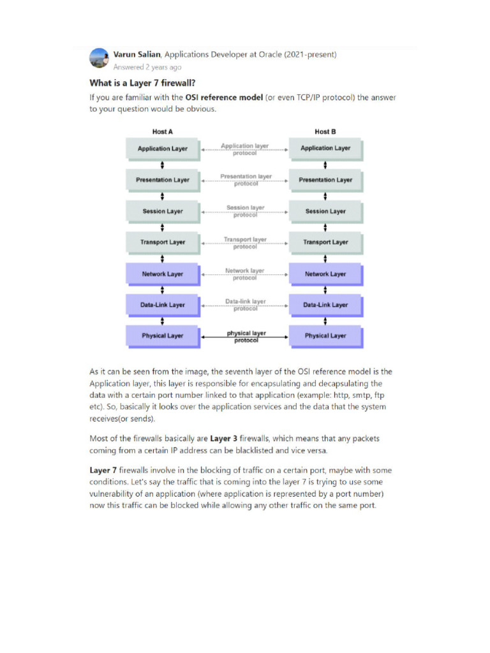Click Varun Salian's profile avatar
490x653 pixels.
pos(99,58)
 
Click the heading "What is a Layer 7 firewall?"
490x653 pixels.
pos(142,83)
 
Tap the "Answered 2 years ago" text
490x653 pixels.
pos(147,67)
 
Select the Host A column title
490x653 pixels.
pos(163,131)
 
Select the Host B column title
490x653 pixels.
pos(325,131)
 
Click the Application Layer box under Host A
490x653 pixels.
pos(163,149)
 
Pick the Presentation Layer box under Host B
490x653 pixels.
pos(325,180)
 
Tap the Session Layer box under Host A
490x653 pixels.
pos(163,211)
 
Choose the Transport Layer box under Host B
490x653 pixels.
pos(325,242)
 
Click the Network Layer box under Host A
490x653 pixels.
pos(163,274)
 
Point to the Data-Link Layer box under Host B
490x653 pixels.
pos(325,305)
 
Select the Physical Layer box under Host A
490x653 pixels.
pos(163,335)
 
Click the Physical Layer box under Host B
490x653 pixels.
pos(325,335)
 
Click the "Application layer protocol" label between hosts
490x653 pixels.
pos(245,149)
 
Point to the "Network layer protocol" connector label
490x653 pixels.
pos(245,274)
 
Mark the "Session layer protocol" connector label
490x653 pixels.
pos(245,211)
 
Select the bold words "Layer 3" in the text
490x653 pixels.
pos(224,439)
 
